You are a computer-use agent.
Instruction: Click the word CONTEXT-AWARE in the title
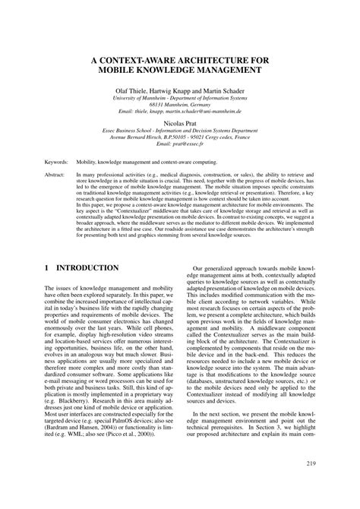click(x=146, y=56)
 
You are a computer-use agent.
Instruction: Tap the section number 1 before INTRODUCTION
click(x=47, y=269)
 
